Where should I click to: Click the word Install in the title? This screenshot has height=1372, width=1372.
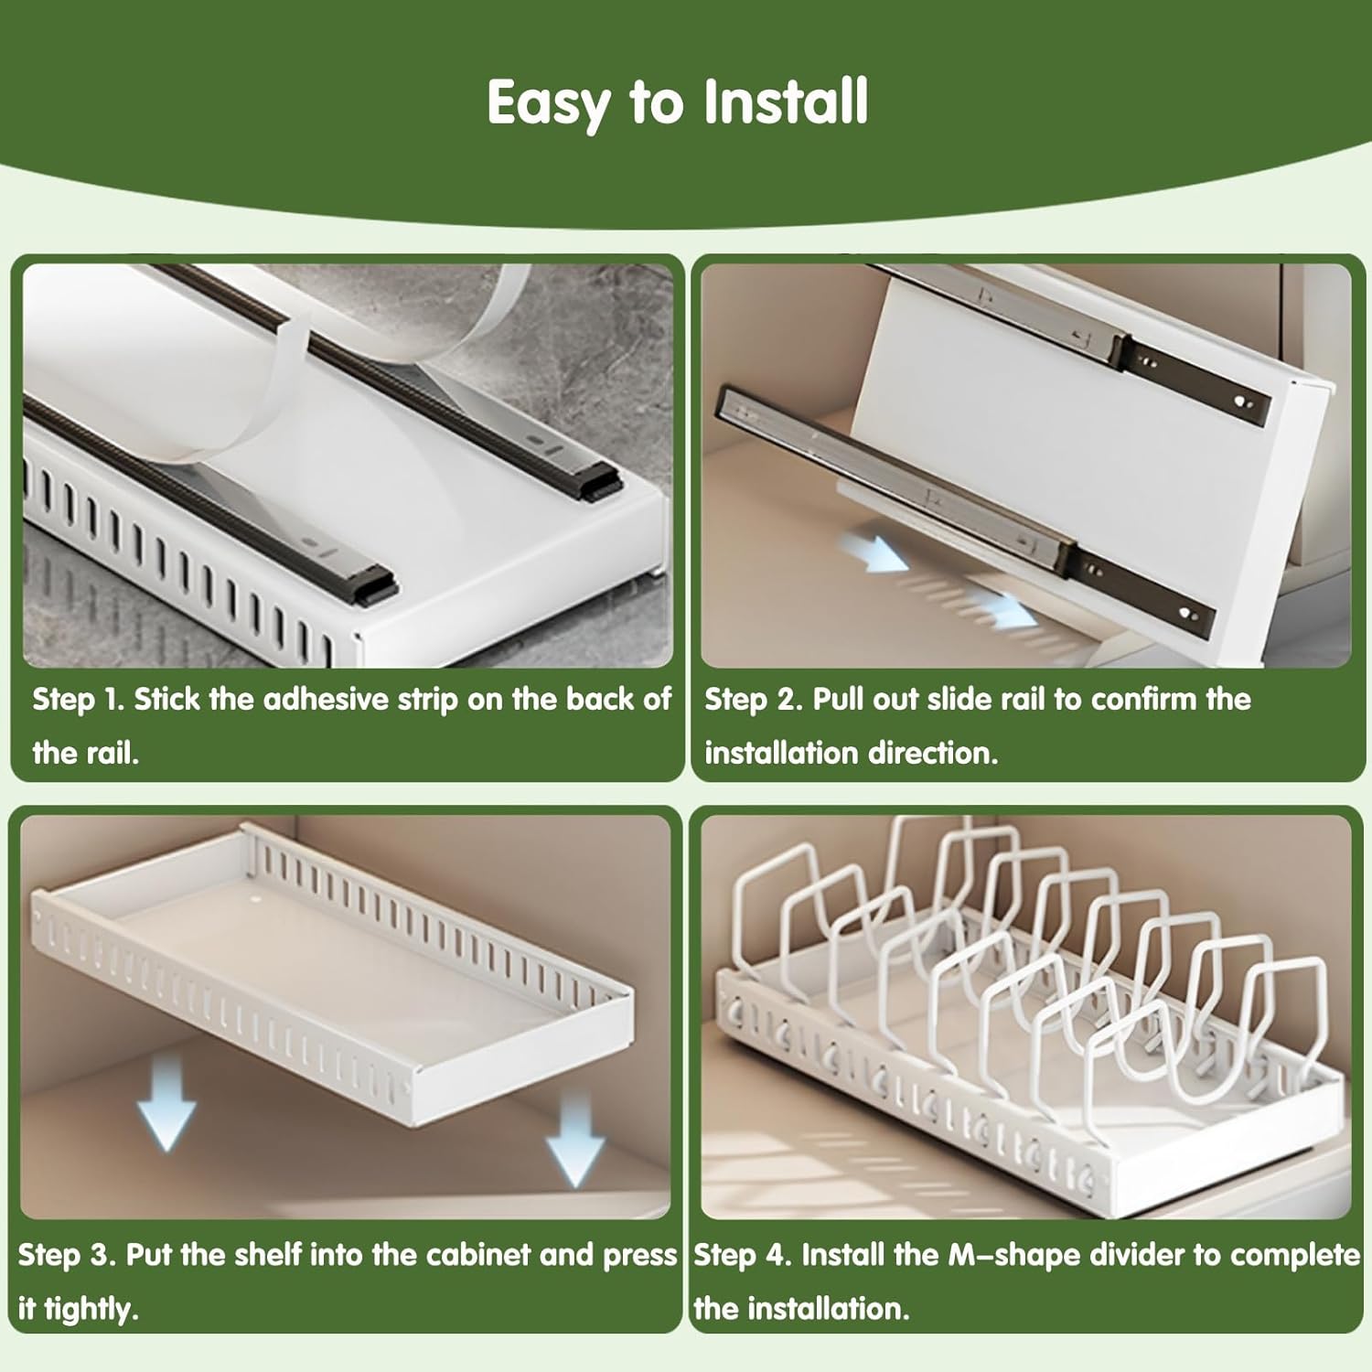[785, 102]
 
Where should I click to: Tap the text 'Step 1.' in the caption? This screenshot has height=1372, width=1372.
[78, 700]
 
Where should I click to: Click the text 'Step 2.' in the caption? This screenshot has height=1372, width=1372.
[752, 700]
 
